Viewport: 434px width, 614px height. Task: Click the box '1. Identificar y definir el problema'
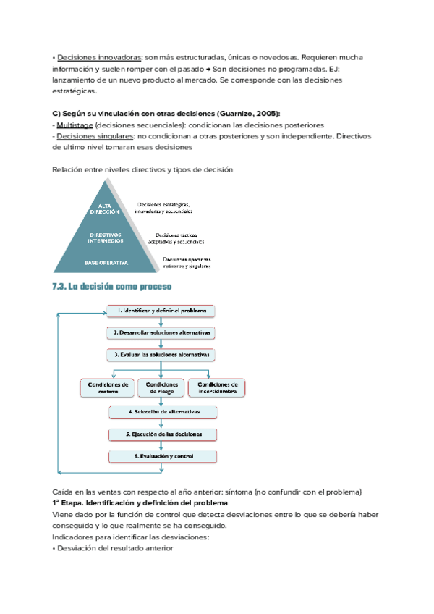162,311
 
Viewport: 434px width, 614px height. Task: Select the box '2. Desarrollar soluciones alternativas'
162,333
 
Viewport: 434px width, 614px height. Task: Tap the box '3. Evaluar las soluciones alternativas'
162,355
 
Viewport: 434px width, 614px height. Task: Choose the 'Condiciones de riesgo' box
162,387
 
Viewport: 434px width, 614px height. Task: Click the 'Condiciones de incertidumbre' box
217,387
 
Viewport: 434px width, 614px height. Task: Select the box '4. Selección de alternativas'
163,412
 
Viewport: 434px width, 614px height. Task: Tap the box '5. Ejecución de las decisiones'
163,434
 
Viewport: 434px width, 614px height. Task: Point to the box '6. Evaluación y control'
163,456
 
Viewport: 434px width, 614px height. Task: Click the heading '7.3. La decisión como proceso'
112,286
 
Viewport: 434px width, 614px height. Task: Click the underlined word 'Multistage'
75,125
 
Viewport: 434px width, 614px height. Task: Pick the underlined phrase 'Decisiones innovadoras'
99,56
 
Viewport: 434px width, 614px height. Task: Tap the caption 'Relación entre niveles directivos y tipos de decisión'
142,169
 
